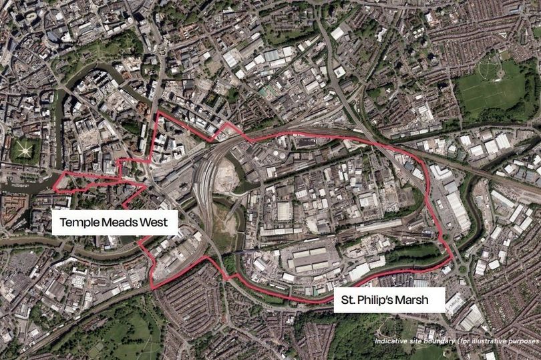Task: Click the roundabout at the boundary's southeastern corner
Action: (462, 270)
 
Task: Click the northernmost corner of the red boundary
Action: (158, 113)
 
